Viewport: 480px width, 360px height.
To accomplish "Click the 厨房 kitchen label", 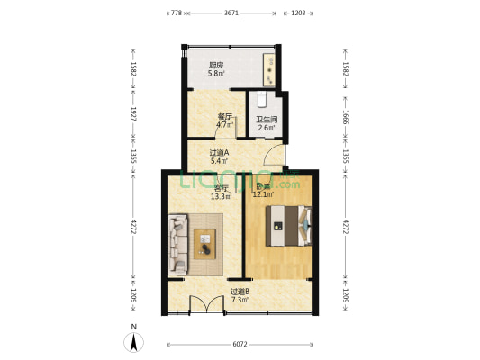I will coord(216,65).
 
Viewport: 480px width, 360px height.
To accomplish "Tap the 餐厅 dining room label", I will coord(225,116).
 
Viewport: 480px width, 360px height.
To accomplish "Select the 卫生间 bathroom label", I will coord(266,120).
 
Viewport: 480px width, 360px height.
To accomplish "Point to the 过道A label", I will coord(219,152).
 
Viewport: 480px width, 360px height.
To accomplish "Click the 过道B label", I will coord(240,292).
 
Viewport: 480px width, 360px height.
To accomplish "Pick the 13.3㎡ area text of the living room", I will coord(221,195).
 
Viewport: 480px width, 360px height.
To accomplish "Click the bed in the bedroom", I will coord(290,225).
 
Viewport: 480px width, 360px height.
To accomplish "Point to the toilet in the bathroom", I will coord(259,98).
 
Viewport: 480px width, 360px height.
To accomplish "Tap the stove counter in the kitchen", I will coord(270,66).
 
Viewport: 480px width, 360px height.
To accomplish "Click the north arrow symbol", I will coord(134,341).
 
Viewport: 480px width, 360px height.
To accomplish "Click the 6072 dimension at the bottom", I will coord(239,344).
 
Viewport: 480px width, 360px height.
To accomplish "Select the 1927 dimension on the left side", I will coord(133,115).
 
